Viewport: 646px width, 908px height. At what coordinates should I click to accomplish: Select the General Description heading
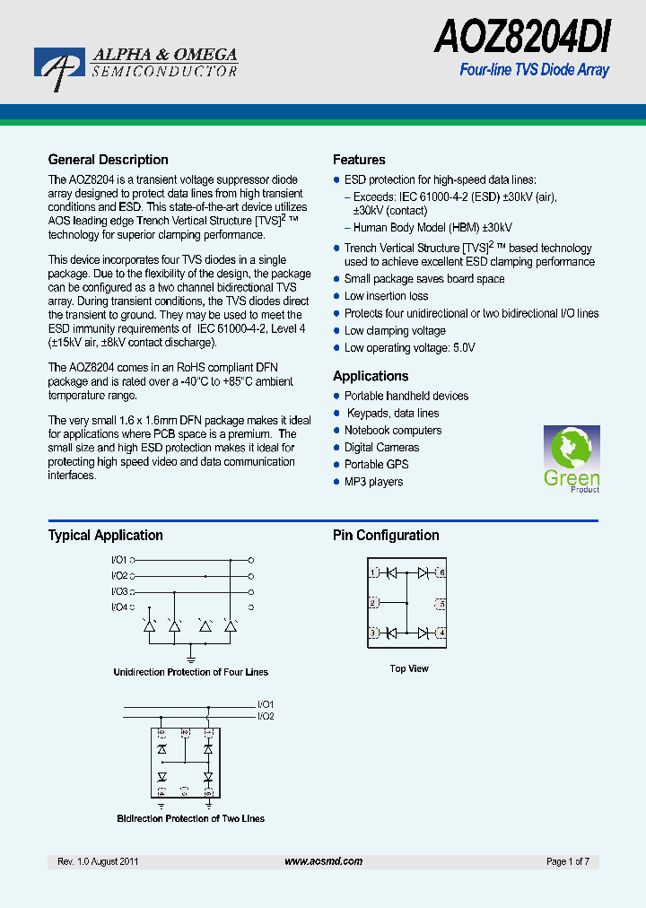108,160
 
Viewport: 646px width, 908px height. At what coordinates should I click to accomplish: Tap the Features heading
359,160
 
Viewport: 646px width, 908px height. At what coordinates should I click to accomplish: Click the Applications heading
371,376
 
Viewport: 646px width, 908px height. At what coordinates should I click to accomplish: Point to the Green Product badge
572,458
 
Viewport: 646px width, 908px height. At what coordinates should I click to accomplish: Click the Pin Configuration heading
386,536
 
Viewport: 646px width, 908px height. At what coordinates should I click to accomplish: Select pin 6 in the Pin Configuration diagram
441,572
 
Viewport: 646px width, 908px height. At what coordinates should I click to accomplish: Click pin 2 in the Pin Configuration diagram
373,602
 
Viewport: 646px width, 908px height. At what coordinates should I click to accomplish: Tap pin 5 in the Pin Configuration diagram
441,602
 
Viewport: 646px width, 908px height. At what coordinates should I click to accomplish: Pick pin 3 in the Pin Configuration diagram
373,633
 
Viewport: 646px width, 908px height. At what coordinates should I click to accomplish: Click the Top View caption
409,668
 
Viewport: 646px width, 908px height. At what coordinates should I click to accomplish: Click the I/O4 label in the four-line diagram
119,607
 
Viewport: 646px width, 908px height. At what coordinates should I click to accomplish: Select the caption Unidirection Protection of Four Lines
190,672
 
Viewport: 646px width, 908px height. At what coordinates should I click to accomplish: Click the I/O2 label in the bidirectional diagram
266,716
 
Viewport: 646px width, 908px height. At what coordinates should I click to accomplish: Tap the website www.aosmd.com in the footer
323,861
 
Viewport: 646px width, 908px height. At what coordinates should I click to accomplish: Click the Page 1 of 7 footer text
567,861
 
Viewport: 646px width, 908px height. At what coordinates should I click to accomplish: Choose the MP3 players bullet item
373,482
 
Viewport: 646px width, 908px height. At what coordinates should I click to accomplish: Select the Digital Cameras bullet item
381,448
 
